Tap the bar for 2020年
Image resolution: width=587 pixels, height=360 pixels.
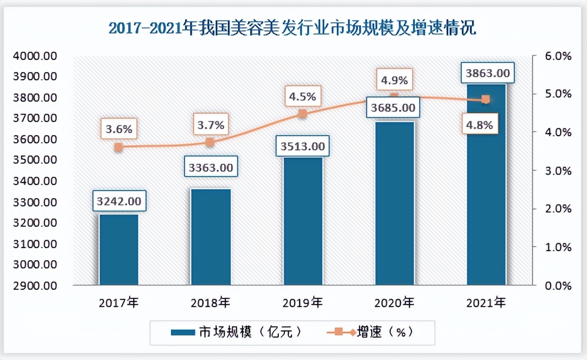point(395,203)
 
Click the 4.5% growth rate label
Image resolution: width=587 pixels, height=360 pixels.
point(302,96)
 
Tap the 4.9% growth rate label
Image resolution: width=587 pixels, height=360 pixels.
point(395,80)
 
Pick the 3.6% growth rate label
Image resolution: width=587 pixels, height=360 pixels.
point(119,129)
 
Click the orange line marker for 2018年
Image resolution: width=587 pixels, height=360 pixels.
point(210,142)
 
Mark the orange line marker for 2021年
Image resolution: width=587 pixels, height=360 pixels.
point(486,100)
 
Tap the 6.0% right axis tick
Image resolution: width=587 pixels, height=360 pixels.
point(559,56)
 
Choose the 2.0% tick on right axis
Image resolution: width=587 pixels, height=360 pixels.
point(559,208)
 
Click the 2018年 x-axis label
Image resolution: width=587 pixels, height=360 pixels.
point(211,304)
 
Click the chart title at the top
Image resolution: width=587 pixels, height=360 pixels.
point(292,28)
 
